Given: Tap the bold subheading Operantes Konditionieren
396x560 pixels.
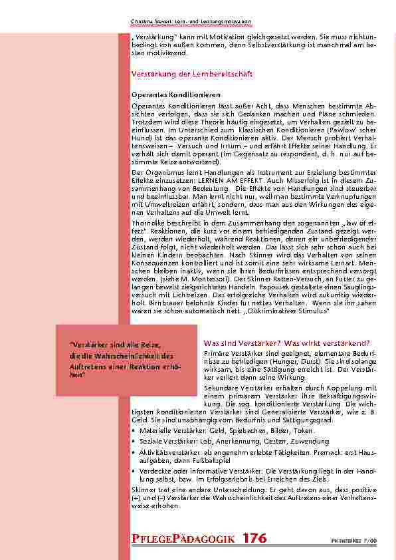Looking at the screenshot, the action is point(175,95).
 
